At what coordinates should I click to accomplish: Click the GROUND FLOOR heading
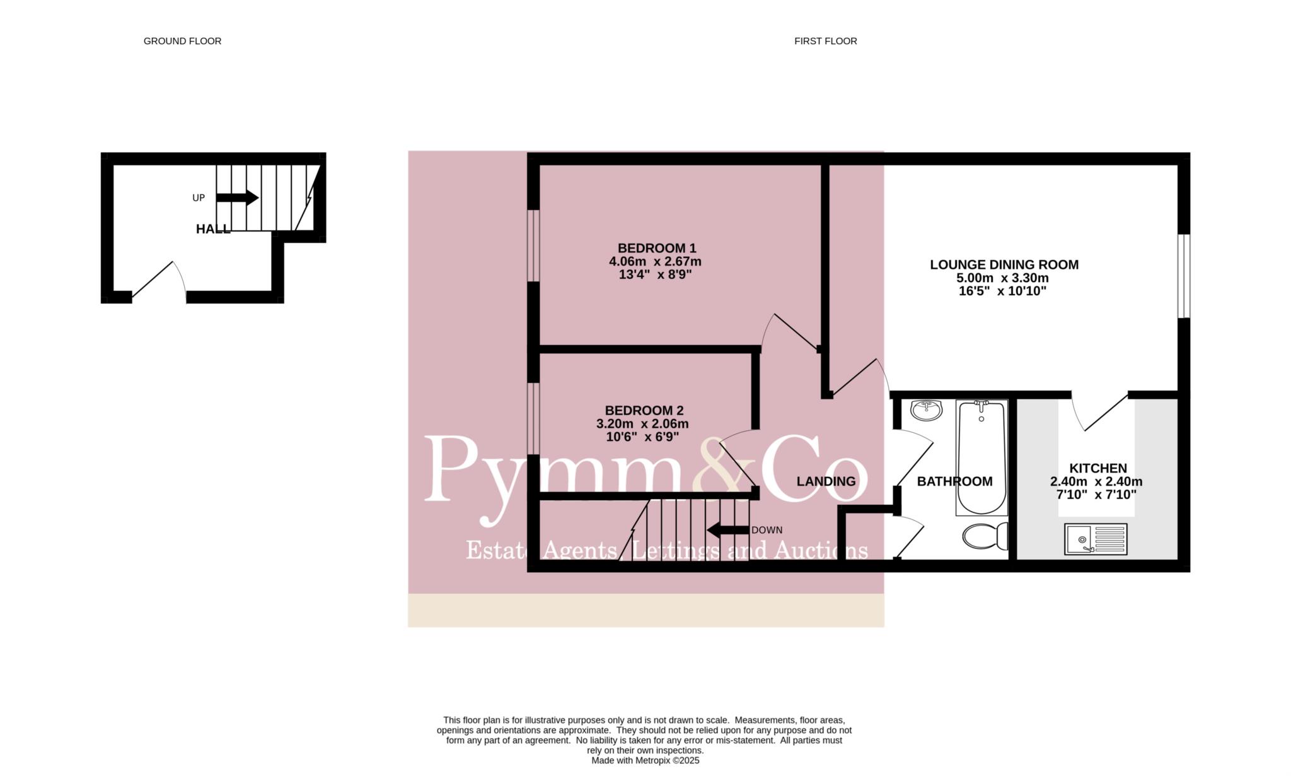pos(182,41)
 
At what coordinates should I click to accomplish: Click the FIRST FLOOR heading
pos(825,41)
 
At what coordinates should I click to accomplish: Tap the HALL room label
pos(213,229)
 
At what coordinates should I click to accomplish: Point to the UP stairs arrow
pos(237,197)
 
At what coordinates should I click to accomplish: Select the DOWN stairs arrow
pos(728,530)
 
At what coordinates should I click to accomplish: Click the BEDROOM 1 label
pos(657,248)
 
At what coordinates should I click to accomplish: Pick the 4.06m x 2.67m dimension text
pos(655,261)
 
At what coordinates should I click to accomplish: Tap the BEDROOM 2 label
pos(644,410)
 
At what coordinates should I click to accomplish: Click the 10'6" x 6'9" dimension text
pos(642,437)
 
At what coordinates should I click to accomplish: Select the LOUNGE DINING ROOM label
pos(1004,265)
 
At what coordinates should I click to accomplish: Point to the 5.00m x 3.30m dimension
pos(1002,278)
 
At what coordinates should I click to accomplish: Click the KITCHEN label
pos(1098,468)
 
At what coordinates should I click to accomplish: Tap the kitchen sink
pos(1096,539)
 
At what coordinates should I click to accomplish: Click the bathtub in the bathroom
pos(981,457)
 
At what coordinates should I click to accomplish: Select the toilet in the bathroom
pos(985,536)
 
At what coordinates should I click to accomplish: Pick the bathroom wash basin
pos(927,410)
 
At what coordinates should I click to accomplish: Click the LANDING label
pos(826,481)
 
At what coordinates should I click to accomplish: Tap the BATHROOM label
pos(954,481)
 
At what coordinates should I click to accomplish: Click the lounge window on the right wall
pos(1184,276)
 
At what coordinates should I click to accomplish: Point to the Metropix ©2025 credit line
pos(645,761)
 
